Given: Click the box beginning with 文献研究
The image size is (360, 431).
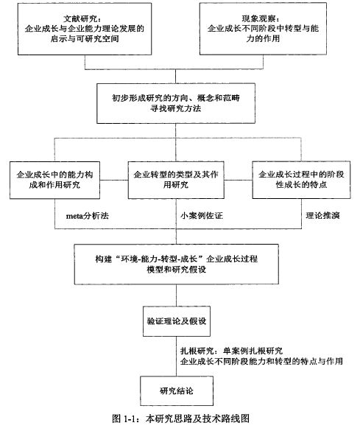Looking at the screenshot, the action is (x=85, y=29).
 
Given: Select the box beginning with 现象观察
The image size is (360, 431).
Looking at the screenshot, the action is (x=263, y=29).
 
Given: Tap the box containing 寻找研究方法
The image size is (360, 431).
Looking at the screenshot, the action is (x=176, y=103).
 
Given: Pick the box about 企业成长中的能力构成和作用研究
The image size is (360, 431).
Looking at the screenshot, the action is (x=54, y=180).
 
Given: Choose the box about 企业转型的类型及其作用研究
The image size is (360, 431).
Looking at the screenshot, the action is (x=176, y=180).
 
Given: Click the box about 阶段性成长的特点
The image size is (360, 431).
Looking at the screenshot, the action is (x=301, y=180).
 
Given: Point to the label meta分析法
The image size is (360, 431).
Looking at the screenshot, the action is (x=88, y=216).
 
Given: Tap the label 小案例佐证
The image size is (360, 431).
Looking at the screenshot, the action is (x=201, y=215).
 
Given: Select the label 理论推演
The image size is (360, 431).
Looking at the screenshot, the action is (x=323, y=215).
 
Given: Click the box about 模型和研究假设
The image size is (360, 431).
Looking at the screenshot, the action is (x=176, y=264).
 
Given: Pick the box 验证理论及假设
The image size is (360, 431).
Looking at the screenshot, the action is (x=177, y=321).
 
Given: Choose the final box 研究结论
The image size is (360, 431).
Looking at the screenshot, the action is (x=177, y=391).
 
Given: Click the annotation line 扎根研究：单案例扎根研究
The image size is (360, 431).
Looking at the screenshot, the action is (x=231, y=351).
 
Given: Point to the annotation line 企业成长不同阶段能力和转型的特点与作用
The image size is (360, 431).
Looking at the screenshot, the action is (x=261, y=361).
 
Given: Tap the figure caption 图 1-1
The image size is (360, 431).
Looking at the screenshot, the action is (x=181, y=418).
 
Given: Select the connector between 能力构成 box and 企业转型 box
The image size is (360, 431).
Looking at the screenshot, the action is (x=114, y=181).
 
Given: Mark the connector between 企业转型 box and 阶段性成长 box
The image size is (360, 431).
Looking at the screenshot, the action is (x=238, y=181).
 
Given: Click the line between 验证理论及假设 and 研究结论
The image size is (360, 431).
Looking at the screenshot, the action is (x=176, y=357).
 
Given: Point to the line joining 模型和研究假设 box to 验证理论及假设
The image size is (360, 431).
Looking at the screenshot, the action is (x=176, y=295).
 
